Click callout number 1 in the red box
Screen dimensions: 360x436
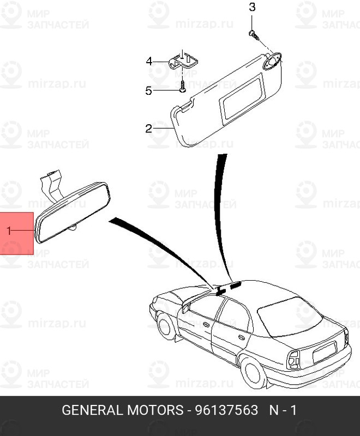click(x=9, y=231)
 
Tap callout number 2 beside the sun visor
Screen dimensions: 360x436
click(x=149, y=129)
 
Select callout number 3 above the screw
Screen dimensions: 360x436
click(x=252, y=7)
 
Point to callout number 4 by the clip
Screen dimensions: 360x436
click(x=149, y=61)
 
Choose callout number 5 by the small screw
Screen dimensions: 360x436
click(x=149, y=90)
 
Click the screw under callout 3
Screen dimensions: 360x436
click(x=254, y=35)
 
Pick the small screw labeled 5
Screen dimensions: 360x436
click(x=182, y=86)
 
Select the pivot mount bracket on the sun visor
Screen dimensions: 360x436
click(x=272, y=60)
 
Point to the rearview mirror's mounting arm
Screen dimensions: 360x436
click(x=51, y=184)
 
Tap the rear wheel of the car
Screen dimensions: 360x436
click(x=253, y=372)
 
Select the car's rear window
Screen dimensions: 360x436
click(x=289, y=317)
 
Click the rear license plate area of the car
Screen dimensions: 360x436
click(x=325, y=353)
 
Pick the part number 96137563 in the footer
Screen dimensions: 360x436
click(x=226, y=410)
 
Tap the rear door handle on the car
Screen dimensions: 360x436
click(x=242, y=337)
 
